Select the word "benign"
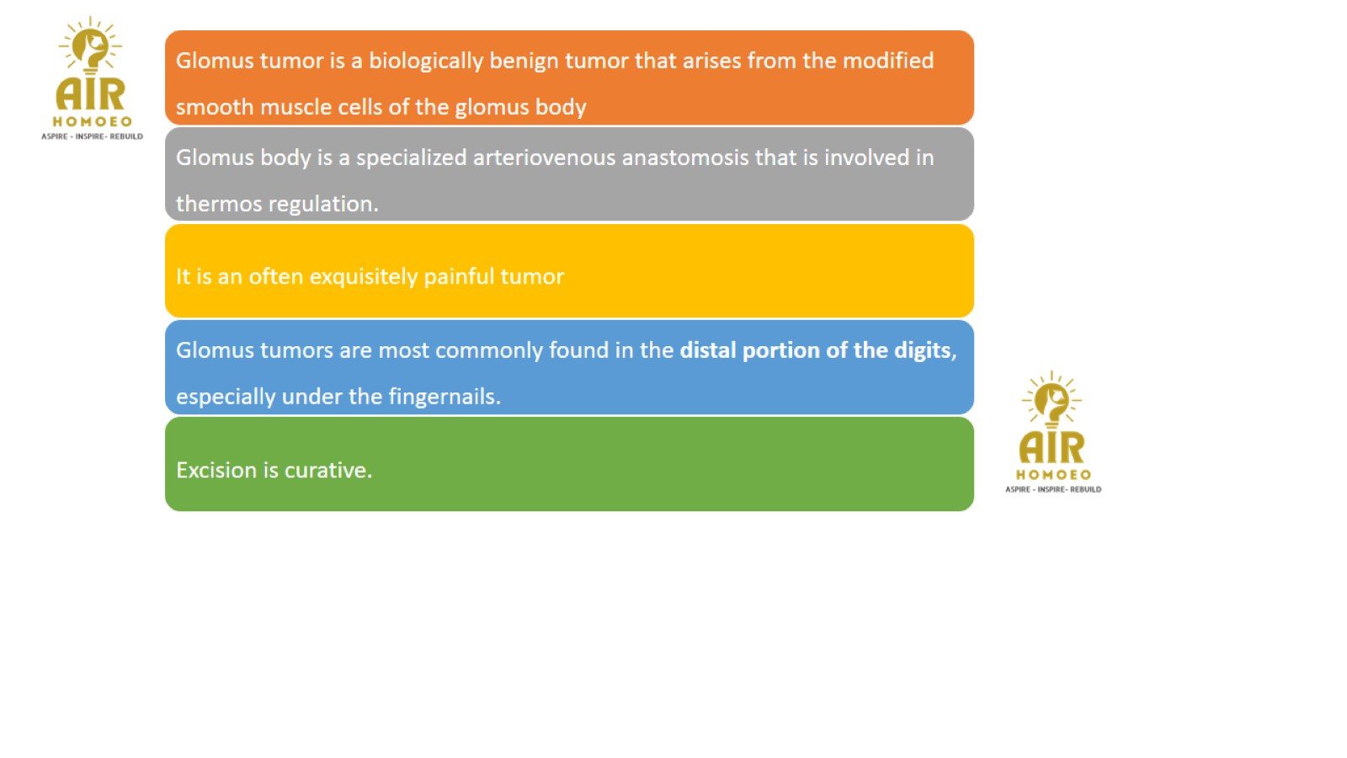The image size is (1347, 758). click(523, 61)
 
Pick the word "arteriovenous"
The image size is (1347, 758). click(544, 157)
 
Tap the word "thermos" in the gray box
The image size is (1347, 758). click(219, 204)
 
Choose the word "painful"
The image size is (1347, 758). click(459, 277)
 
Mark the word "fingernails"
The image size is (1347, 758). click(444, 397)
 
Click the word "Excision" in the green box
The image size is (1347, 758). click(216, 471)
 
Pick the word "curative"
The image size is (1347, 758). click(327, 471)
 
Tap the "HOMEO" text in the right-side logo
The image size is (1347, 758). click(1053, 475)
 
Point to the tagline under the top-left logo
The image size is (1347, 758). click(92, 136)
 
